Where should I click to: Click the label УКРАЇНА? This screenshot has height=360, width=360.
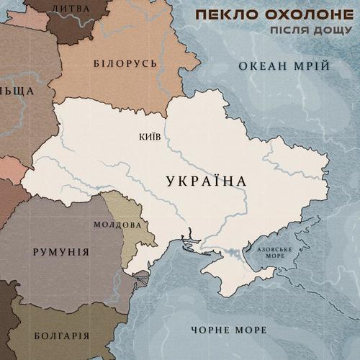coord(206,181)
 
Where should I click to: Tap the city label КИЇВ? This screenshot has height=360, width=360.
coord(148,135)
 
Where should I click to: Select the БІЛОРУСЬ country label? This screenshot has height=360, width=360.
coord(125,63)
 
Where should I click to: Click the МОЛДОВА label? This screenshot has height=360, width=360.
coord(117,224)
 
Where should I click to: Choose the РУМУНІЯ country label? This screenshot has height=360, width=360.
coord(61,252)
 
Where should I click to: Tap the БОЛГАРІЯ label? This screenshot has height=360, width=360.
coord(61,336)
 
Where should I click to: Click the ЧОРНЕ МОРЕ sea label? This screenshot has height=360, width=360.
coord(229,330)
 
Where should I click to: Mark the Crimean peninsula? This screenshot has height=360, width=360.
coord(241,277)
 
